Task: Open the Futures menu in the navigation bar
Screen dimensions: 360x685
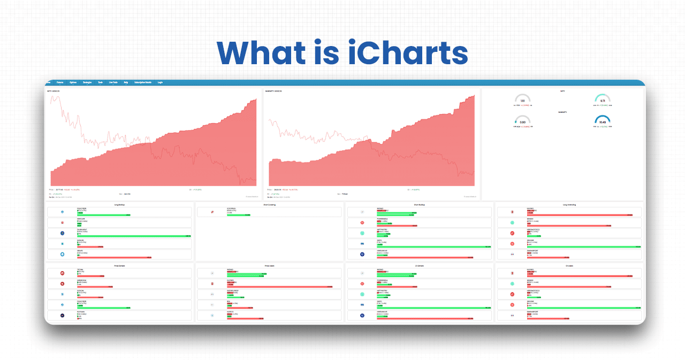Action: click(60, 82)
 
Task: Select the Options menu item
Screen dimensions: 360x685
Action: click(73, 82)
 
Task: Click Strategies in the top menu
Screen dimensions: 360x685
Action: click(87, 82)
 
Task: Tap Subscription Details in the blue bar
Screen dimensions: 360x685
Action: click(143, 82)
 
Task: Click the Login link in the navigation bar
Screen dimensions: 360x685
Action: click(160, 82)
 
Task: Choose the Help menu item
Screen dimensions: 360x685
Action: click(126, 82)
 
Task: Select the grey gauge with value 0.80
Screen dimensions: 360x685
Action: click(522, 121)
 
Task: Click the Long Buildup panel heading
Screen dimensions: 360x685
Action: click(119, 204)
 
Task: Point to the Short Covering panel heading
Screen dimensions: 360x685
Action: click(269, 204)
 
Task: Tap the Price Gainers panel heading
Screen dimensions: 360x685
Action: click(119, 265)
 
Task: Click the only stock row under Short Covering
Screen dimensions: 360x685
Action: click(269, 212)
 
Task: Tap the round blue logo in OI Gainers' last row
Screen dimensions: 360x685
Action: click(362, 316)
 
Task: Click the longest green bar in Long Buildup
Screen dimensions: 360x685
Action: click(134, 236)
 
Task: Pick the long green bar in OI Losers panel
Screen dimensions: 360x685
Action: click(583, 308)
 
